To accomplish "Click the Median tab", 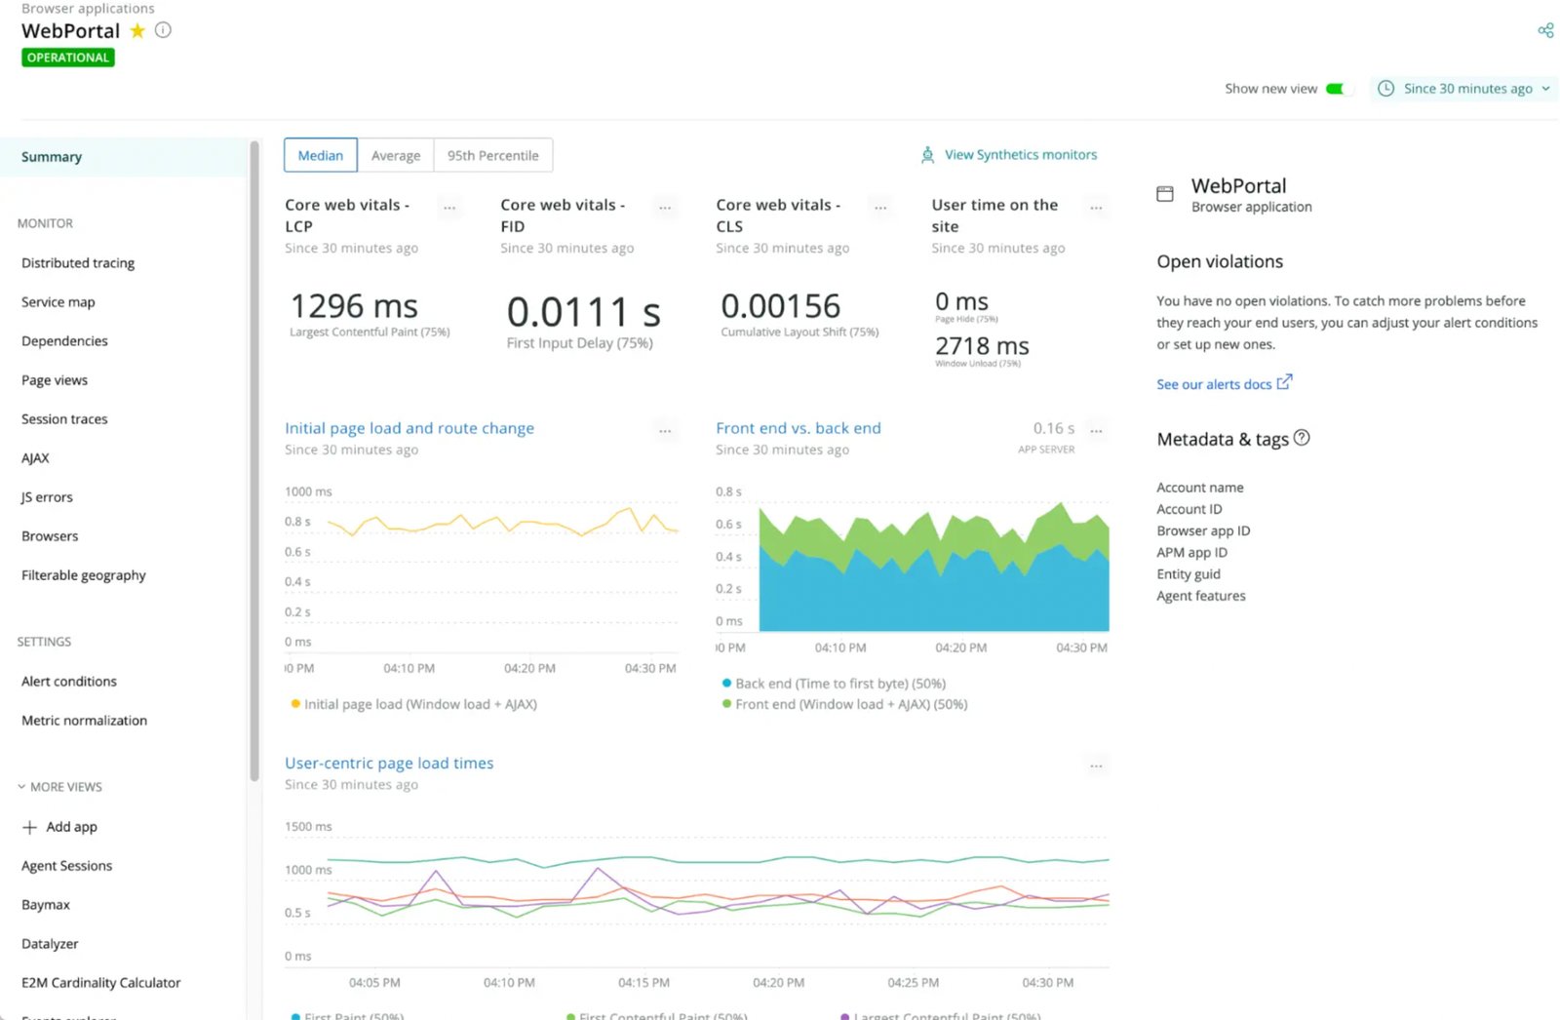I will click(x=320, y=155).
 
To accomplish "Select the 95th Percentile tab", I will click(x=492, y=155).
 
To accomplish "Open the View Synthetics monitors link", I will click(x=1019, y=155).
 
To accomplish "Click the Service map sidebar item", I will click(x=58, y=302).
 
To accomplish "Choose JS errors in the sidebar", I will click(x=47, y=497).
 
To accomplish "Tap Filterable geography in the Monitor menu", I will click(x=84, y=575).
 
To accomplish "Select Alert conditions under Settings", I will click(x=69, y=682).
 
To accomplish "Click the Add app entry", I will click(x=70, y=827).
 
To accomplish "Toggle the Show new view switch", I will click(x=1340, y=89).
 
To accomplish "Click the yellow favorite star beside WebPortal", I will click(x=137, y=30).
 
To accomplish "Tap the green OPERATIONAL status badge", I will click(x=68, y=58).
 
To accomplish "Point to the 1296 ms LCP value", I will click(x=354, y=306).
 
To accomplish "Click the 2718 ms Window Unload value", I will click(x=982, y=346).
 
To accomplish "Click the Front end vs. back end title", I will click(x=798, y=428).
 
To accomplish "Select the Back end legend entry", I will click(x=839, y=684).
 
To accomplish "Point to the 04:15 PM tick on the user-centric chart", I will click(x=643, y=983).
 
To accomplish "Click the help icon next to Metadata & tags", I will click(x=1302, y=438).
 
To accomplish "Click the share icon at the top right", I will click(x=1545, y=30).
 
